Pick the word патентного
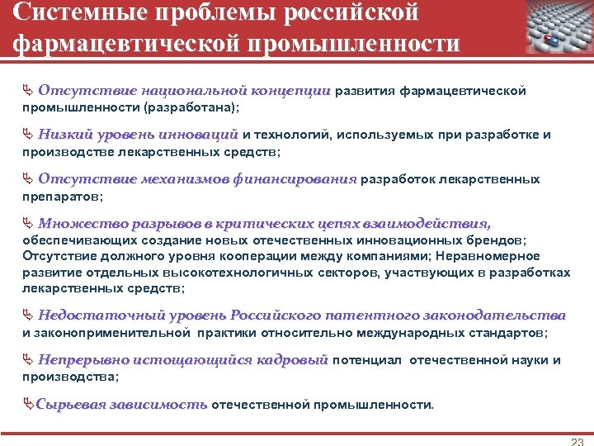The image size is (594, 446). (x=370, y=315)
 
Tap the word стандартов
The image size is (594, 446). (x=511, y=333)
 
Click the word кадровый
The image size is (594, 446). (x=292, y=360)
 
